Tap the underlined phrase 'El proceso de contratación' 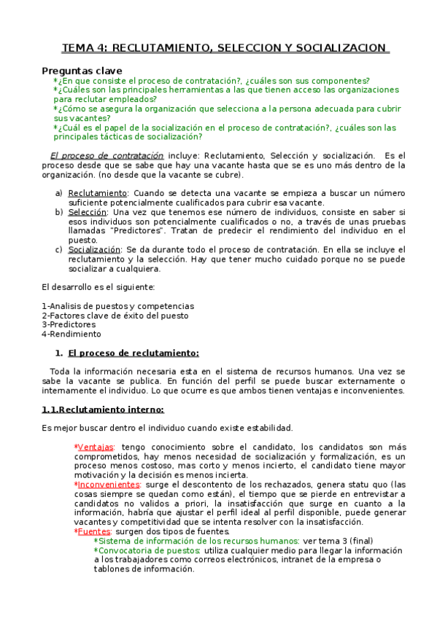107,156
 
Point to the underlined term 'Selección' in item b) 89,212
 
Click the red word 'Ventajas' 96,447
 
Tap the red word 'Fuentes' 93,531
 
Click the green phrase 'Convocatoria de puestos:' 150,550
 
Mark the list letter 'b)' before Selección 59,212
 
